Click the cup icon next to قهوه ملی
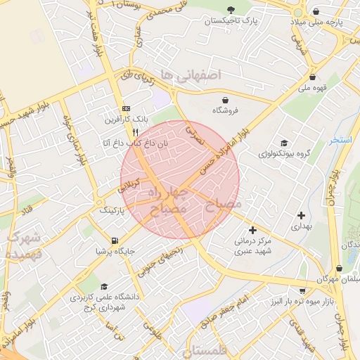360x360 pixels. coord(311,77)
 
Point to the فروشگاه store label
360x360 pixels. coord(226,110)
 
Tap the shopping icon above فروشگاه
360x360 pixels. coord(226,100)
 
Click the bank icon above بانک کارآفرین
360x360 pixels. coord(126,108)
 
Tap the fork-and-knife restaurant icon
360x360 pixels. coord(134,131)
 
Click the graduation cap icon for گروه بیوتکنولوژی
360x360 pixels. coord(283,143)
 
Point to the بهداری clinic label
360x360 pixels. coord(300,227)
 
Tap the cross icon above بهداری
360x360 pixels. coord(302,216)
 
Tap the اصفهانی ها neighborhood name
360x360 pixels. coord(190,75)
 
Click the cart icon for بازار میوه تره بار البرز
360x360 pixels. coord(302,290)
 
